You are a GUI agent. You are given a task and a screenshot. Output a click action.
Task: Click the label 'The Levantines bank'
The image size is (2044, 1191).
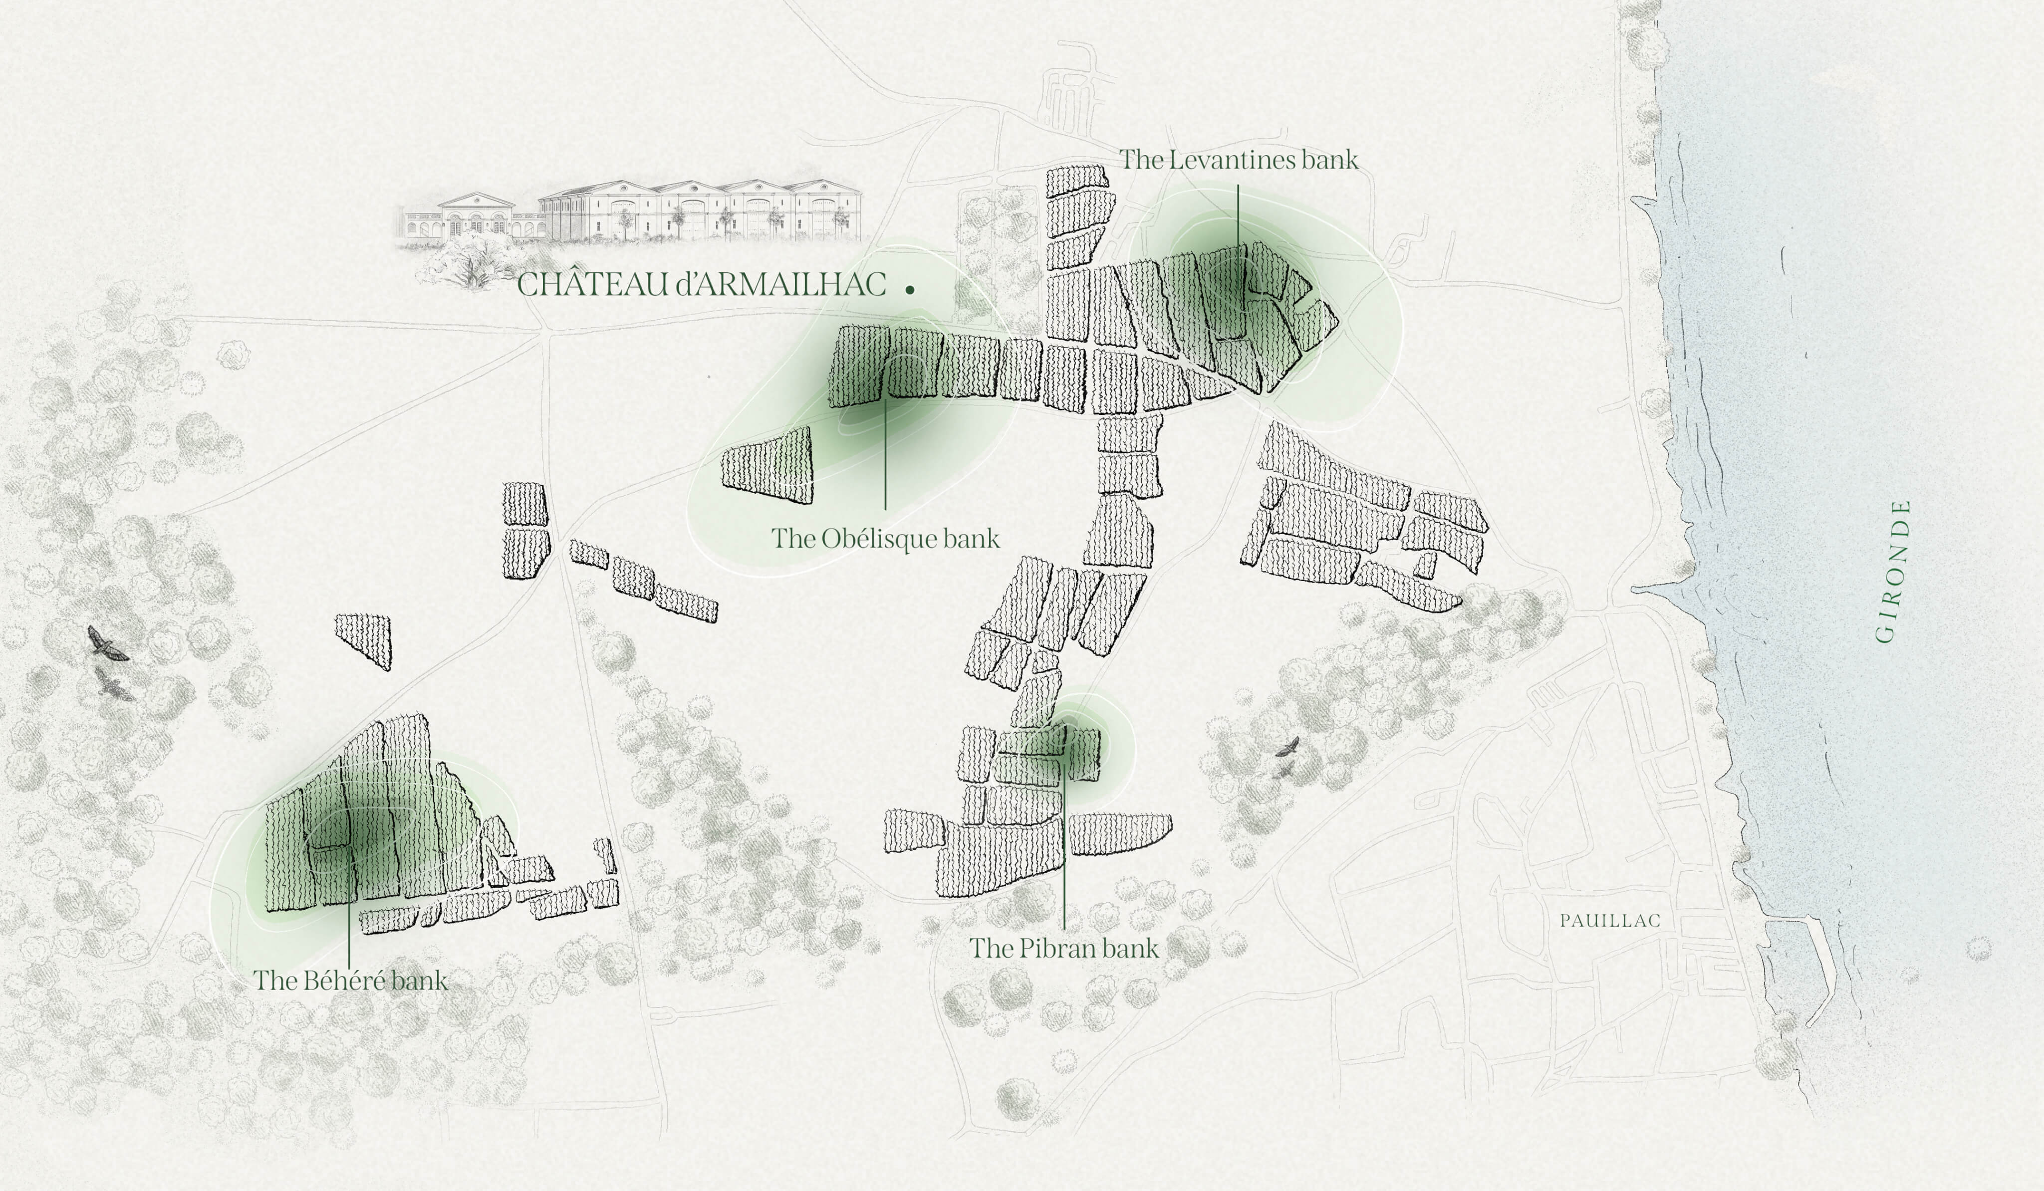coord(1239,160)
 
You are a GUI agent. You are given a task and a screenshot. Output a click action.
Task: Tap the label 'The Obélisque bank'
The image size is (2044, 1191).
coord(885,538)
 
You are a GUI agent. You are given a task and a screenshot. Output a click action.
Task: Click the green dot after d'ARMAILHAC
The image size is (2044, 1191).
coord(910,289)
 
